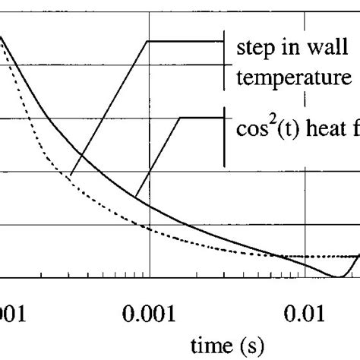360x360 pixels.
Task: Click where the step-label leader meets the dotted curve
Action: point(69,176)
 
